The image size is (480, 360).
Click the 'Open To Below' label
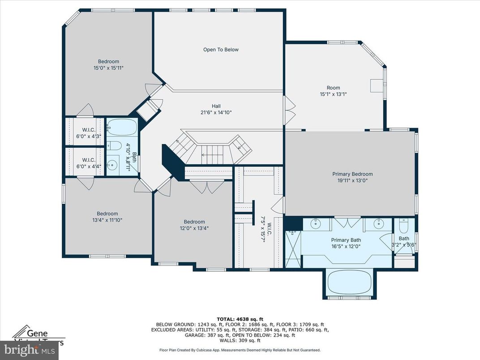click(x=221, y=50)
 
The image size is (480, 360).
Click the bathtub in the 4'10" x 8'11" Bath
click(x=121, y=128)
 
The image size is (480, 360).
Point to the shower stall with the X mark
click(x=293, y=249)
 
